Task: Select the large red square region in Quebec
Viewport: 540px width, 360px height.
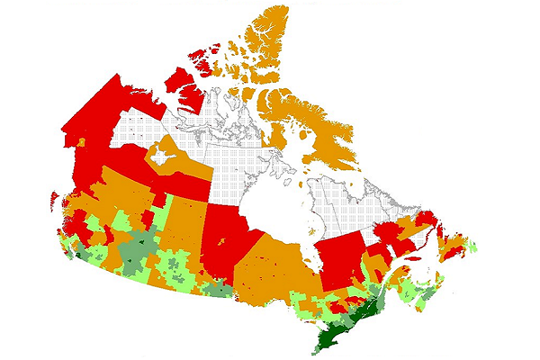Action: (341, 261)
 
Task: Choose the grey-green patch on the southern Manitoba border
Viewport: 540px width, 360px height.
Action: (217, 288)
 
